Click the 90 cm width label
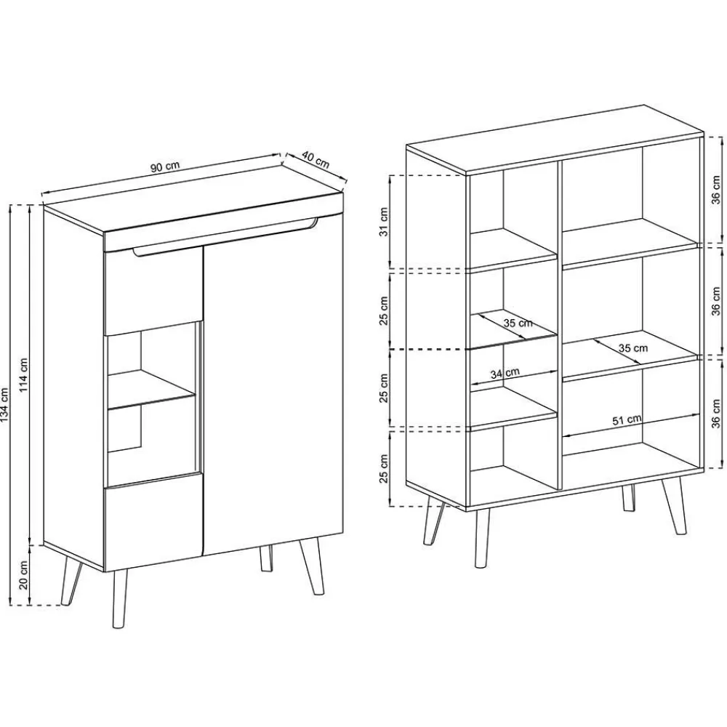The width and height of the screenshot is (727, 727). (165, 166)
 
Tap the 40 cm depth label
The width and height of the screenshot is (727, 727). (316, 160)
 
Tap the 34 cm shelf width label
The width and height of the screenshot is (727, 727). (505, 374)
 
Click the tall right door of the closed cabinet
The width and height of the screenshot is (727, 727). (273, 393)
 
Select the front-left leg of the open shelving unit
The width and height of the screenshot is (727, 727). (481, 537)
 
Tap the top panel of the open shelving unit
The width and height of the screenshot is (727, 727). (553, 138)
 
